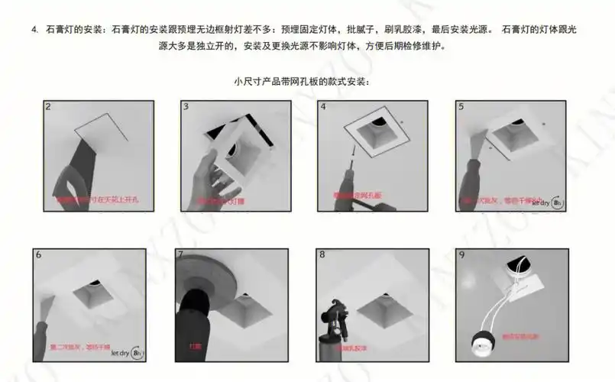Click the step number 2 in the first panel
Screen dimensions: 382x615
click(x=49, y=108)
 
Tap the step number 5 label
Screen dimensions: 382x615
click(x=461, y=108)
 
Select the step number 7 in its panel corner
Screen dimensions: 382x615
click(x=181, y=254)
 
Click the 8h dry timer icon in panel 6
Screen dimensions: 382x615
click(x=137, y=353)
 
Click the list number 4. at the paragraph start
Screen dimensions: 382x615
click(x=35, y=30)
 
